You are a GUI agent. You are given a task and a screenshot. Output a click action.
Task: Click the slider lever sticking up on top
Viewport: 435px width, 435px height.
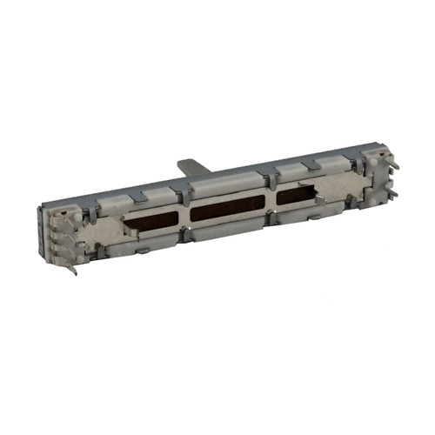[x=191, y=164]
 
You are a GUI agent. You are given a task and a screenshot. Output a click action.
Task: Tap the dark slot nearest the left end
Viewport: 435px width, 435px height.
[x=153, y=223]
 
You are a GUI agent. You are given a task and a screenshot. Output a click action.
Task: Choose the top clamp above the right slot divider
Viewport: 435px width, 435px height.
[x=272, y=174]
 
